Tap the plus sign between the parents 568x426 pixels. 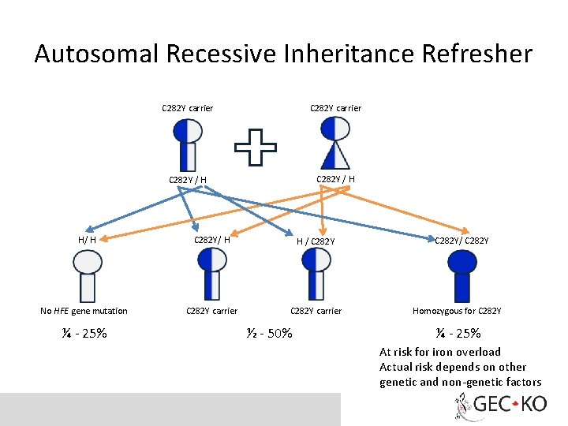[x=256, y=148]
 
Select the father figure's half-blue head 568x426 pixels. [x=187, y=129]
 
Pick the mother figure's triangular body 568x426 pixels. [x=335, y=155]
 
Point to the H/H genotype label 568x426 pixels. [x=87, y=240]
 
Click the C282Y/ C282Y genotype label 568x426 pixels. [x=461, y=240]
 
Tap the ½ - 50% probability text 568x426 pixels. [x=268, y=333]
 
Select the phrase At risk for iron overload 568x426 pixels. [x=439, y=352]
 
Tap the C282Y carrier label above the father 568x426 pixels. [x=187, y=107]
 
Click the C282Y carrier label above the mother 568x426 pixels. [x=335, y=107]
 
